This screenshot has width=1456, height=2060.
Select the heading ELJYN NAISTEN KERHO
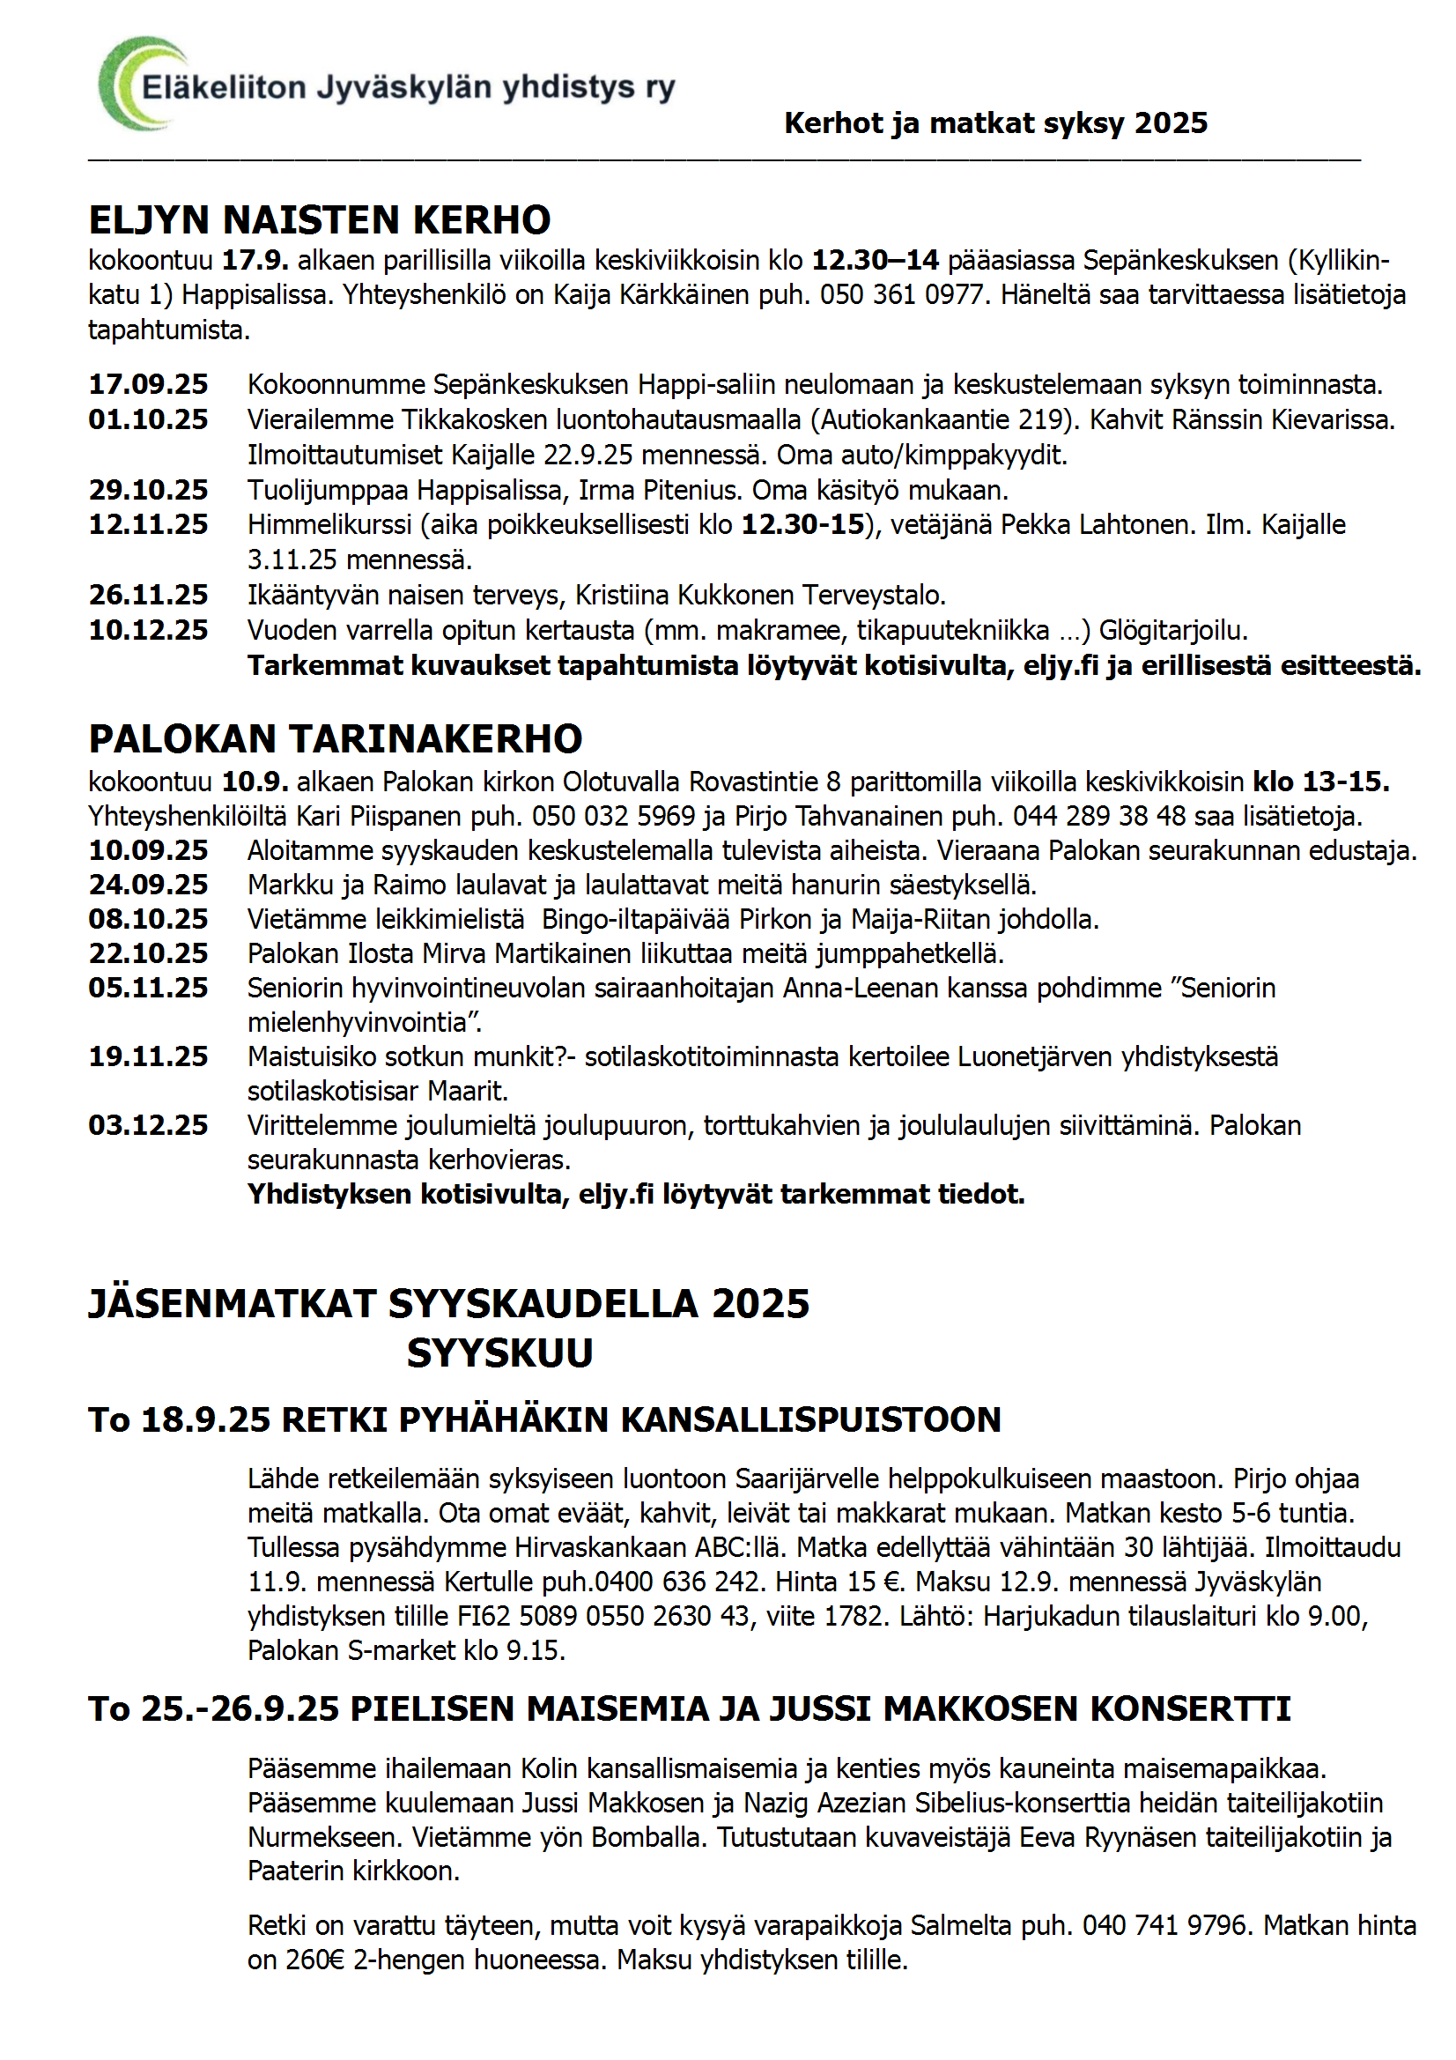[320, 219]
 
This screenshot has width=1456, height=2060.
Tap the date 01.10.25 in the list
[148, 420]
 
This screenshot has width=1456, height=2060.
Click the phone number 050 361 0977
[902, 295]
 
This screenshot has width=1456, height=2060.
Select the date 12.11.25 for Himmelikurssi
[148, 525]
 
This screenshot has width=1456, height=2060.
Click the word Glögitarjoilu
[1172, 631]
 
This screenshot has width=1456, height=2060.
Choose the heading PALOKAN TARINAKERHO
[336, 739]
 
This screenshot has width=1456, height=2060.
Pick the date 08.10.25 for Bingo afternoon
[148, 920]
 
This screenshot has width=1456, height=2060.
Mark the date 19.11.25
[148, 1057]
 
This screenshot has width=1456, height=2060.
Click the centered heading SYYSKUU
[499, 1353]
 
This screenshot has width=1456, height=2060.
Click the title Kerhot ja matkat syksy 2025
[996, 123]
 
